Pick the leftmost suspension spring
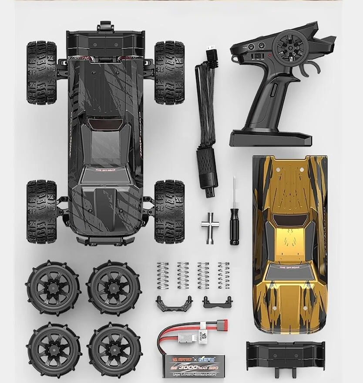click(x=162, y=275)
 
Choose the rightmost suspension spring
click(x=224, y=275)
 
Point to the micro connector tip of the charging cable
click(x=211, y=47)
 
